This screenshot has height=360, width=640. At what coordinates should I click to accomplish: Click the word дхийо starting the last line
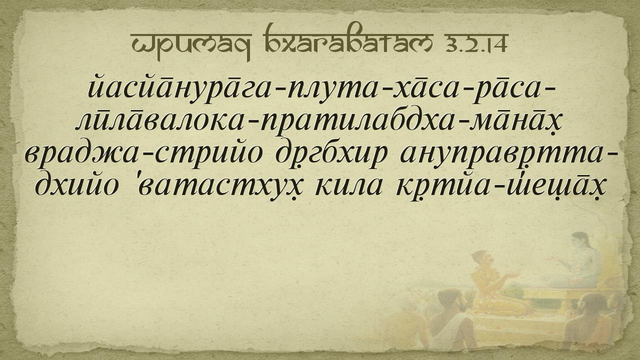[x=77, y=185]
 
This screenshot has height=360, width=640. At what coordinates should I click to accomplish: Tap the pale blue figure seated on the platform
[x=574, y=260]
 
